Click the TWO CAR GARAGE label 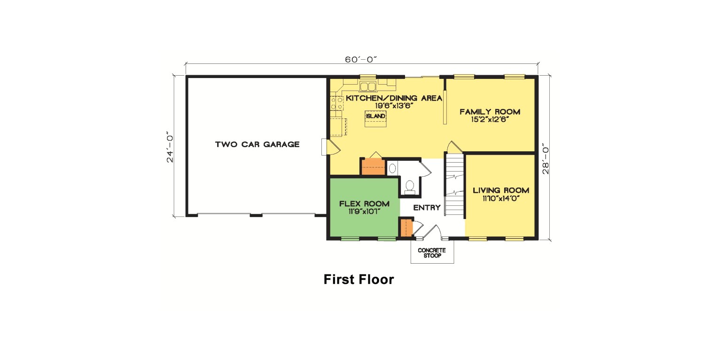257,144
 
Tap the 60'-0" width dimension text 361,60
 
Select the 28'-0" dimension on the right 546,159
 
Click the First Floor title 359,280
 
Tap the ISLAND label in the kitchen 376,116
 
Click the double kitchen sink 368,86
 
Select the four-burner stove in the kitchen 336,103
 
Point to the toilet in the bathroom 410,187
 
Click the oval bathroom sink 393,168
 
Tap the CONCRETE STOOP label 432,253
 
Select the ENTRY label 427,208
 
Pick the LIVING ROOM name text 501,190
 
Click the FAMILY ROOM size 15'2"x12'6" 490,119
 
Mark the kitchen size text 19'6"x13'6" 393,106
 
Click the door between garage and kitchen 331,147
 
